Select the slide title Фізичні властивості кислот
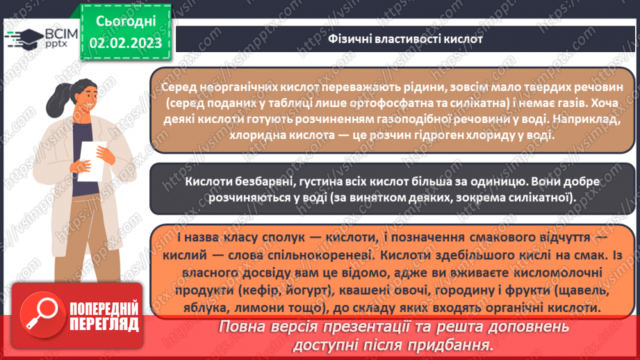pyautogui.click(x=405, y=38)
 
